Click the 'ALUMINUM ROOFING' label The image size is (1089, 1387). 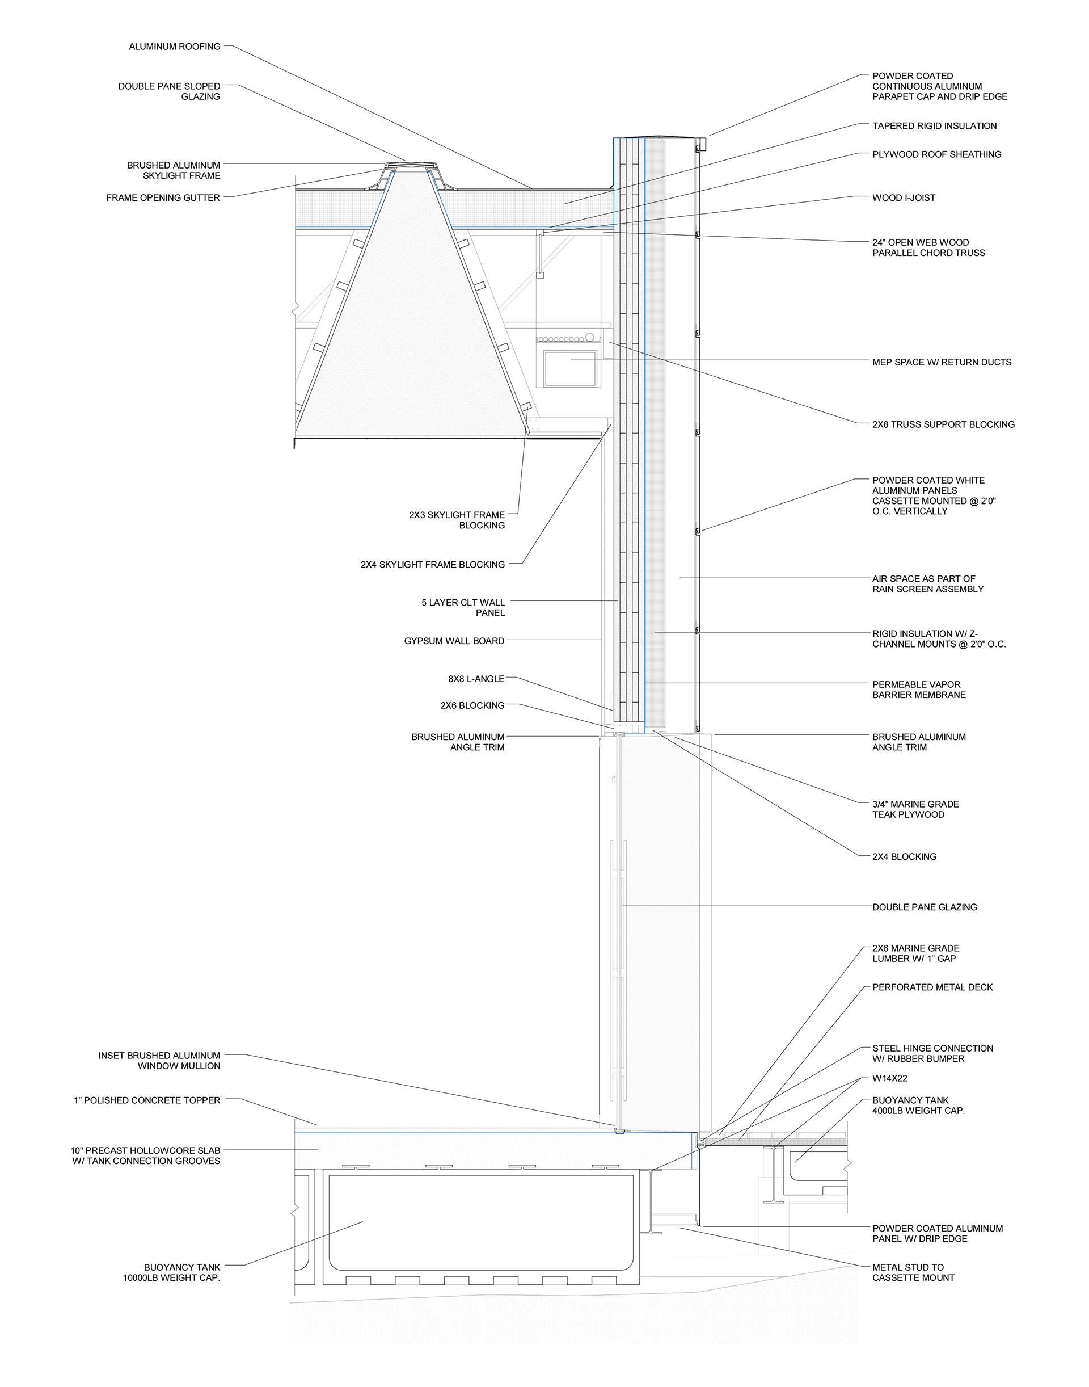coord(174,47)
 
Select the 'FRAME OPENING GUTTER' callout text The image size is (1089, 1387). coord(163,198)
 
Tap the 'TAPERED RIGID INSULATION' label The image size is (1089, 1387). coord(934,125)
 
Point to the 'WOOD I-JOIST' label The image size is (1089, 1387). coord(904,198)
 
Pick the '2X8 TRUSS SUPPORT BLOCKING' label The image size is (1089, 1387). coord(943,424)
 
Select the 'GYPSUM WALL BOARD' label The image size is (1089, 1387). coord(454,641)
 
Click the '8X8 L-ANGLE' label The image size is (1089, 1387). coord(476,679)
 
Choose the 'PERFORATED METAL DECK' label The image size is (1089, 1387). coord(932,987)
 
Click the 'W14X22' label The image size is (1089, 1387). coord(889,1078)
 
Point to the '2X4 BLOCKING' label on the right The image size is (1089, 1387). coord(904,856)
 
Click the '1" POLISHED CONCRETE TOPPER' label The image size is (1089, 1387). coord(147,1100)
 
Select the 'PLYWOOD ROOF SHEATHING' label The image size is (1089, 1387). coord(936,154)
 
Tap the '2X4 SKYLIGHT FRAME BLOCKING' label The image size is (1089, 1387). coord(432,564)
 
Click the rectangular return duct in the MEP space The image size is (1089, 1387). coord(571,369)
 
